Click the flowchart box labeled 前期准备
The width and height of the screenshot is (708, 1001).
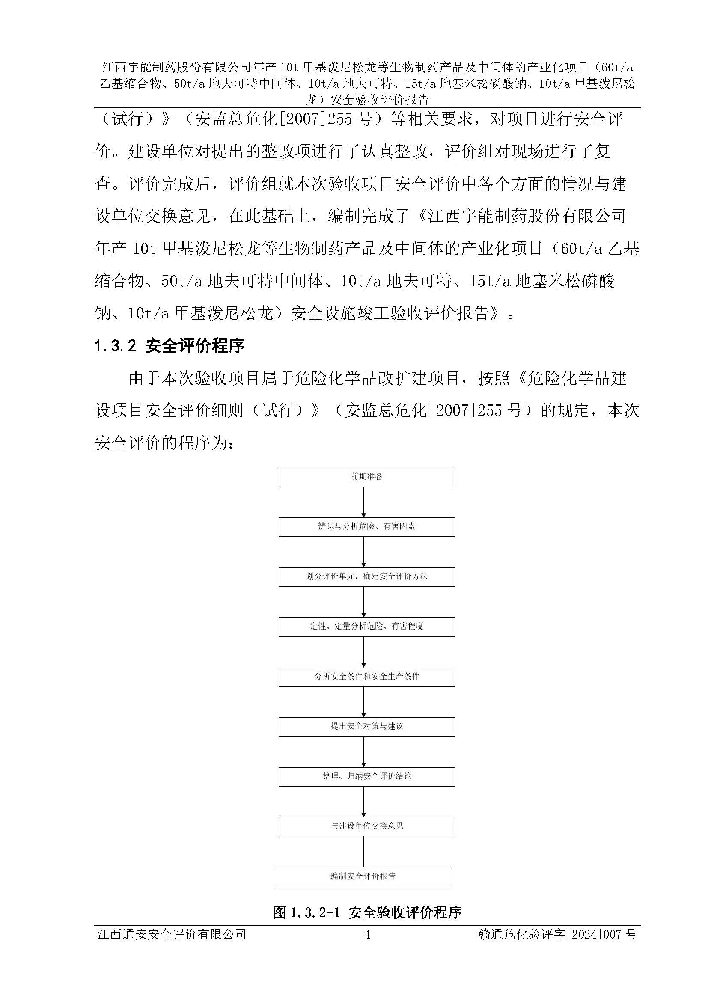[x=367, y=477]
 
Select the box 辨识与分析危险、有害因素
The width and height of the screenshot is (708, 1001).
[x=367, y=527]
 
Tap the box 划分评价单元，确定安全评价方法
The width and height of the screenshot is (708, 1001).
[x=367, y=576]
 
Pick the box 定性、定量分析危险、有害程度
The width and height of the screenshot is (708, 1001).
[x=367, y=627]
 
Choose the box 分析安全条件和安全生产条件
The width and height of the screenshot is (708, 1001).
[x=367, y=677]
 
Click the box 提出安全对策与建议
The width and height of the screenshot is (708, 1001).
[x=367, y=726]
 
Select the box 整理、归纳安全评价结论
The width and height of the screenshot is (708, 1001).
[x=367, y=776]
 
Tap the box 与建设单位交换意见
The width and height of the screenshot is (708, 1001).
[x=367, y=826]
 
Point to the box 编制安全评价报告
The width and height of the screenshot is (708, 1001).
[x=363, y=877]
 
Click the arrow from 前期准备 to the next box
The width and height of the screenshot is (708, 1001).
[x=363, y=502]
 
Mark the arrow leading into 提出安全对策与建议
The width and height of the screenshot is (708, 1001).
[x=363, y=702]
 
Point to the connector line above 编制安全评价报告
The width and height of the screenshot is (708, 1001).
[x=363, y=852]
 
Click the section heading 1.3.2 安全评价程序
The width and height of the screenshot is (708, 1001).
[x=169, y=346]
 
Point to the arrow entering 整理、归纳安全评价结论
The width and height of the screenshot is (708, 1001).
[x=363, y=751]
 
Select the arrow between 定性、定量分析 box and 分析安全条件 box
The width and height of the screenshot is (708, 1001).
[x=363, y=652]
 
